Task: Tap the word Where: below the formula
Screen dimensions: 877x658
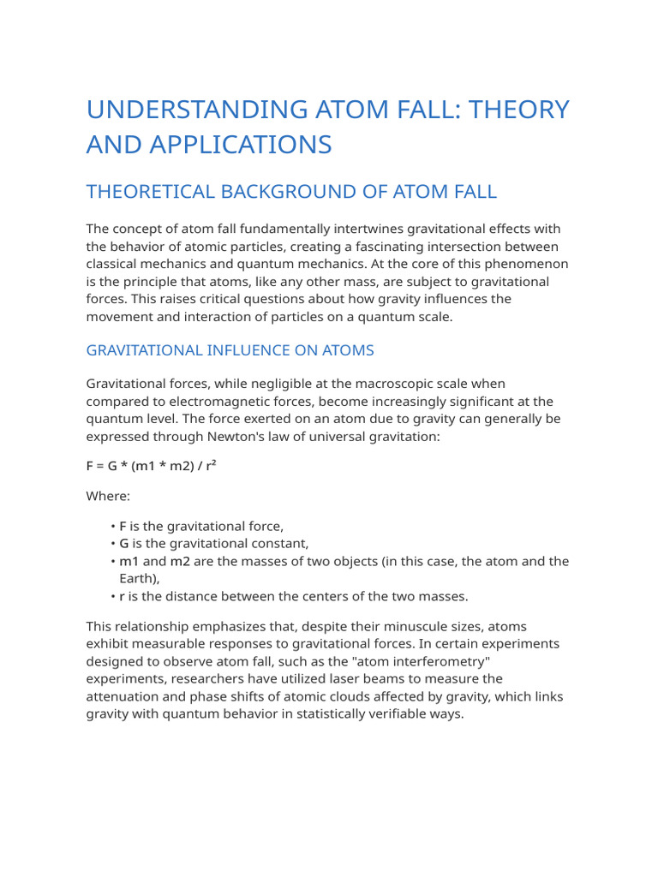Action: point(108,496)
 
